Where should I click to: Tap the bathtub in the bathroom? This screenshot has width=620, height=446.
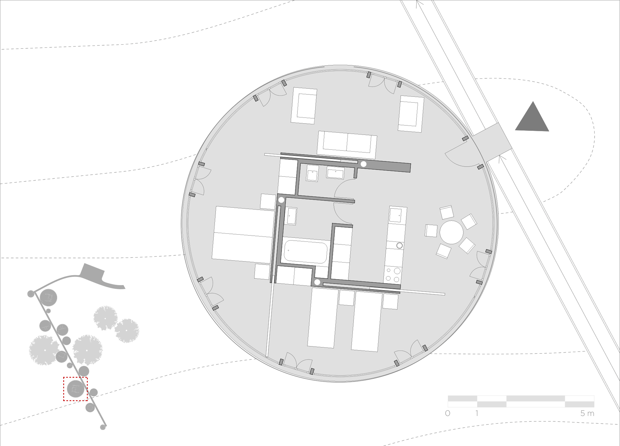pyautogui.click(x=306, y=251)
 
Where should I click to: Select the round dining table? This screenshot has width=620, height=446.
pyautogui.click(x=451, y=232)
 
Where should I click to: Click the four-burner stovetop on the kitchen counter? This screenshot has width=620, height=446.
pyautogui.click(x=393, y=275)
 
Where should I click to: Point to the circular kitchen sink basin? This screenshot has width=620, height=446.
pyautogui.click(x=399, y=245)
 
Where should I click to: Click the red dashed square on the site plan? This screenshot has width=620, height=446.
pyautogui.click(x=76, y=389)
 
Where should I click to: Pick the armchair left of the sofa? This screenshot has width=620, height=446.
pyautogui.click(x=304, y=106)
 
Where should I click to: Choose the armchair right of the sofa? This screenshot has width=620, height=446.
pyautogui.click(x=411, y=114)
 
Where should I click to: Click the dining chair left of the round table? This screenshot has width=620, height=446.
pyautogui.click(x=431, y=231)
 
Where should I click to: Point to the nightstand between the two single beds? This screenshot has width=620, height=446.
pyautogui.click(x=347, y=298)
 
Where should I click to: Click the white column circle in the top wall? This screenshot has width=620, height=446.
pyautogui.click(x=363, y=164)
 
